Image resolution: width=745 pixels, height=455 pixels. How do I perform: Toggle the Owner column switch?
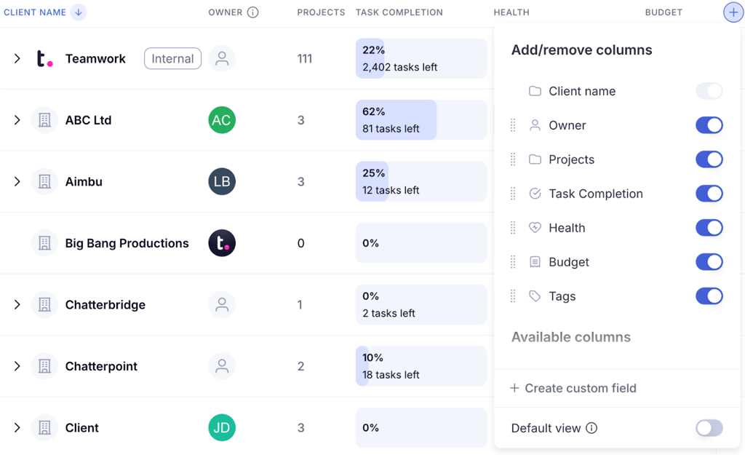point(709,125)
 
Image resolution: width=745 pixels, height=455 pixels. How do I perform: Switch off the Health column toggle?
point(709,228)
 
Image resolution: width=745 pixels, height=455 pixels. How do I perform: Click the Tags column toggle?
point(709,296)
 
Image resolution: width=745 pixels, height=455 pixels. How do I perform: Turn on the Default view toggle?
point(709,428)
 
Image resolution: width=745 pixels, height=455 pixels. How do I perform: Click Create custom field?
point(573,388)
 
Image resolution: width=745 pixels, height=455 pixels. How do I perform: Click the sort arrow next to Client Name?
point(79,12)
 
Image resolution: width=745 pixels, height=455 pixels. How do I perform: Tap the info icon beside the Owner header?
point(252,12)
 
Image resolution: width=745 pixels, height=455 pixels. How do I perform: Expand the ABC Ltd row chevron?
point(17,120)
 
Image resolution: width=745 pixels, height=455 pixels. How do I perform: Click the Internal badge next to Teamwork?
point(172,59)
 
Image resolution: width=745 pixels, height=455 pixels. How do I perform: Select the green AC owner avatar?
point(222,120)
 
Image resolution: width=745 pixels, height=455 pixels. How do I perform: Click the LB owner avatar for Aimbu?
point(222,182)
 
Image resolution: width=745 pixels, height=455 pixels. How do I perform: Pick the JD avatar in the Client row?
point(222,428)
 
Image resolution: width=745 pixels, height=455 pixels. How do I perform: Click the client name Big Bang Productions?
point(127,243)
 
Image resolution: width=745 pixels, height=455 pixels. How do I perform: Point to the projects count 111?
point(304,59)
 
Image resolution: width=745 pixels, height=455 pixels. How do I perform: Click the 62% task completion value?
point(374,112)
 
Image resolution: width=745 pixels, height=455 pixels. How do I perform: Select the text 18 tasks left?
point(391,375)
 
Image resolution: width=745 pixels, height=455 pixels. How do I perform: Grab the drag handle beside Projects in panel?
point(513,159)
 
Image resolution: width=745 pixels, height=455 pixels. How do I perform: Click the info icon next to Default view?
point(591,428)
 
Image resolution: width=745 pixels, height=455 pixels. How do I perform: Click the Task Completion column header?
point(399,12)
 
